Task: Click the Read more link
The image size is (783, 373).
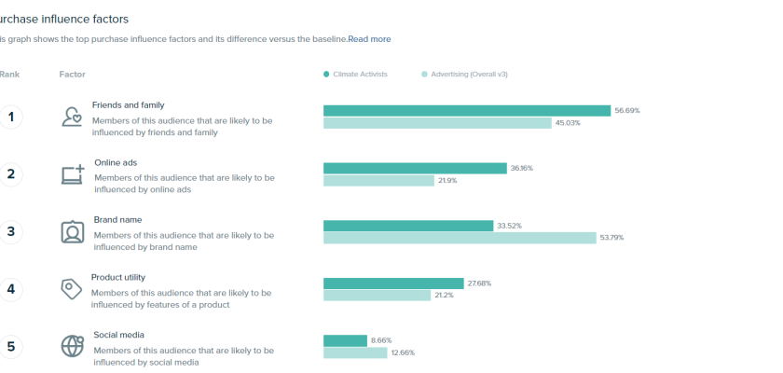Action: point(369,39)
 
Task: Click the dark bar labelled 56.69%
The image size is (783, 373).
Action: point(466,110)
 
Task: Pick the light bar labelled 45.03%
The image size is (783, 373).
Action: point(437,123)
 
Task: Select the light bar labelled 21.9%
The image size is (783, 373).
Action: point(378,181)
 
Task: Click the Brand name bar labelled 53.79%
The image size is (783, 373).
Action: point(460,238)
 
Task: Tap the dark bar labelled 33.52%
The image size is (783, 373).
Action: point(408,226)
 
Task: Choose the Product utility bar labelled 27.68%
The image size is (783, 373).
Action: point(393,283)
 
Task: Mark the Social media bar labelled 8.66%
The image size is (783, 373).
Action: point(345,340)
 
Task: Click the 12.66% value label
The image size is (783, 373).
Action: point(402,353)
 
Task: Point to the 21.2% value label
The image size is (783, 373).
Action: point(443,296)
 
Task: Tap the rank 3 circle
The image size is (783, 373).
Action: point(11,231)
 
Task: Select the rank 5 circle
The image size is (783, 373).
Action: point(11,346)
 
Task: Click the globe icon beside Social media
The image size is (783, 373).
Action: point(73,346)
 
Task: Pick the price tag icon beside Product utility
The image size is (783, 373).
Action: point(72,289)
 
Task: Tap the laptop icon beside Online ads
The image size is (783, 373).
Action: point(73,174)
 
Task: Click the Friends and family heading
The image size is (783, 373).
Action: point(128,105)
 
